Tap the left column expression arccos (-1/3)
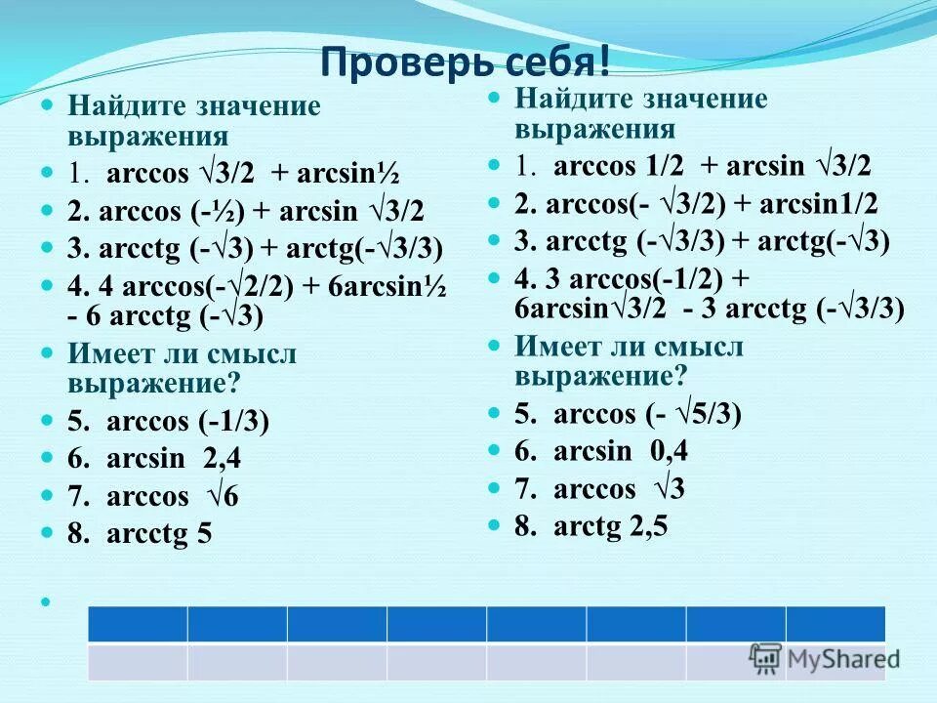168,422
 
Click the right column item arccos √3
600,488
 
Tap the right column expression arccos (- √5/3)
630,414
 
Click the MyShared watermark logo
825,658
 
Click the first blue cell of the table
138,624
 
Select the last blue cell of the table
835,624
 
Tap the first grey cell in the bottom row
138,661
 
